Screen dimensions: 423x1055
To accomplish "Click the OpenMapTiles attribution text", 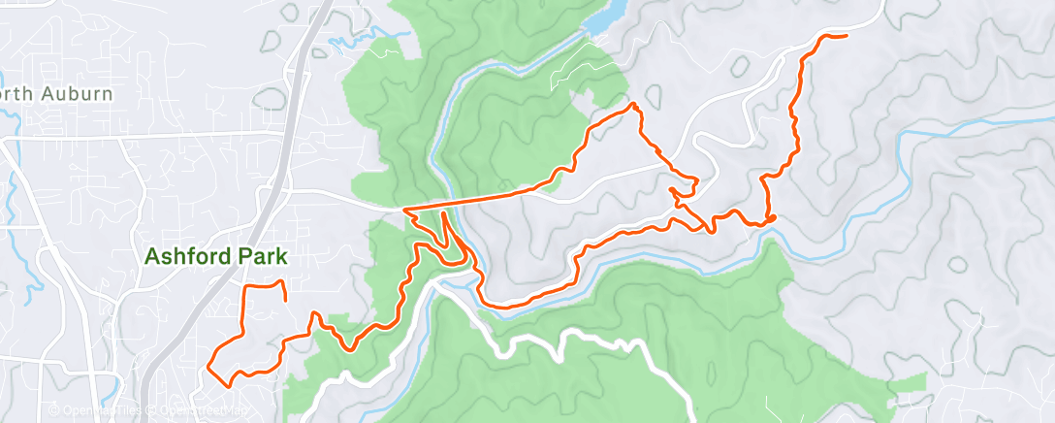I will pos(101,411).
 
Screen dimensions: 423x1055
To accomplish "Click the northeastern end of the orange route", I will pos(845,36).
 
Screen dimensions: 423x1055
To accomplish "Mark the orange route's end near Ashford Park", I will pos(284,300).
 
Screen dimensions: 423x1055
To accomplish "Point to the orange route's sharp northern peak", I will pos(633,104).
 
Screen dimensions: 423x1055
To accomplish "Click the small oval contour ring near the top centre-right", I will pos(739,67).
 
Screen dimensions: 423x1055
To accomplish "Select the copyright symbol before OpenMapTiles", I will pos(54,411).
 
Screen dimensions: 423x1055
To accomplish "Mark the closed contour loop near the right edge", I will pos(957,264).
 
